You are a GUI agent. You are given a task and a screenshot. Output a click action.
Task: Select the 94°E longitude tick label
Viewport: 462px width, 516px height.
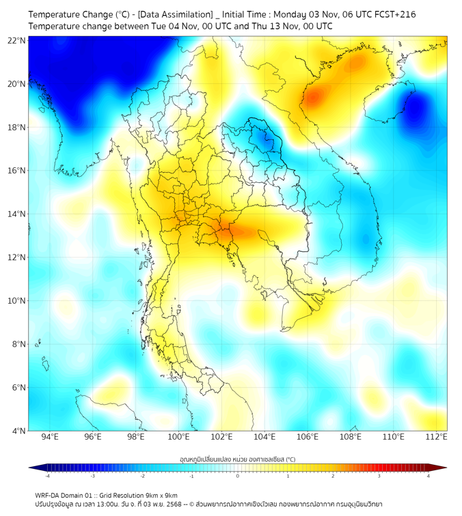[x=50, y=437]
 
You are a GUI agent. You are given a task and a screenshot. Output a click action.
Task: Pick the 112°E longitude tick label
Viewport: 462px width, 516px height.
[x=436, y=437]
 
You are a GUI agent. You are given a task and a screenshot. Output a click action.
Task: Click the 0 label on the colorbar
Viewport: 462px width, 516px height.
[x=238, y=476]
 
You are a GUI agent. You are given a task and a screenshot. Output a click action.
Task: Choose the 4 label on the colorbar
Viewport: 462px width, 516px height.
[x=429, y=476]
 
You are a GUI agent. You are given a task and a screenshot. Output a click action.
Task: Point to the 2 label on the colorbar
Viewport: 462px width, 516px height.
[x=333, y=476]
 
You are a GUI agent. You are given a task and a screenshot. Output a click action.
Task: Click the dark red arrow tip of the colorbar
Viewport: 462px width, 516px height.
[x=442, y=468]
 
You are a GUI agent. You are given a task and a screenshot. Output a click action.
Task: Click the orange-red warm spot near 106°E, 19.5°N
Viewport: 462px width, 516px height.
[x=313, y=97]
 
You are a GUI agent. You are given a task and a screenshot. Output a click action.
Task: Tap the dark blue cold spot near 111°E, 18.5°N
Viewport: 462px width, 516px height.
[x=418, y=109]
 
